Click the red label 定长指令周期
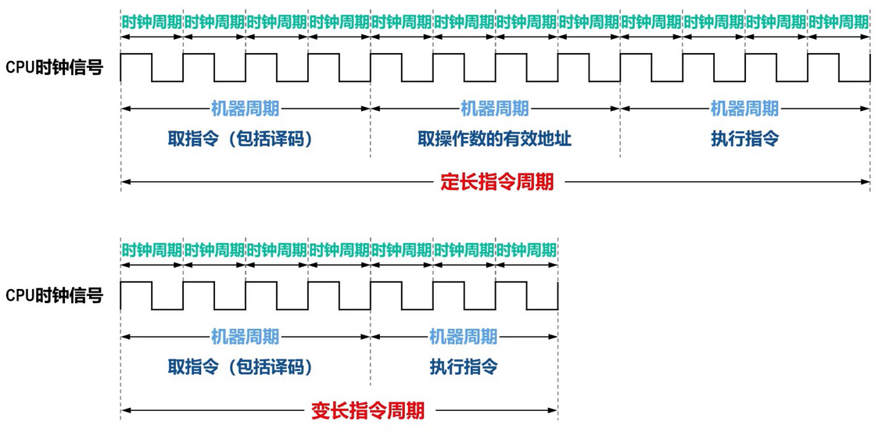[497, 183]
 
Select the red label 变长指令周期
[367, 410]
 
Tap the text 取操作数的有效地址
[494, 140]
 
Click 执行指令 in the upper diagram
[744, 140]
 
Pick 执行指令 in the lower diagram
[464, 367]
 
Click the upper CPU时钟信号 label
[55, 68]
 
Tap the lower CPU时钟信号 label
[55, 295]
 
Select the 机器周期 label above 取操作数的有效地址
[494, 109]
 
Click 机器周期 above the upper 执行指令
[744, 109]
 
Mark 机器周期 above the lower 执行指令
[464, 337]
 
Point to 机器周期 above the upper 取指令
[245, 109]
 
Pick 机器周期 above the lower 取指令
[245, 337]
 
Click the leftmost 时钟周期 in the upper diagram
[152, 22]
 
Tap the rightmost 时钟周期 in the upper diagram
[839, 22]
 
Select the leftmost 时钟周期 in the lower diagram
[152, 250]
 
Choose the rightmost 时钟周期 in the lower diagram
[526, 250]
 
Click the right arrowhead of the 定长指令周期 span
[866, 183]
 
